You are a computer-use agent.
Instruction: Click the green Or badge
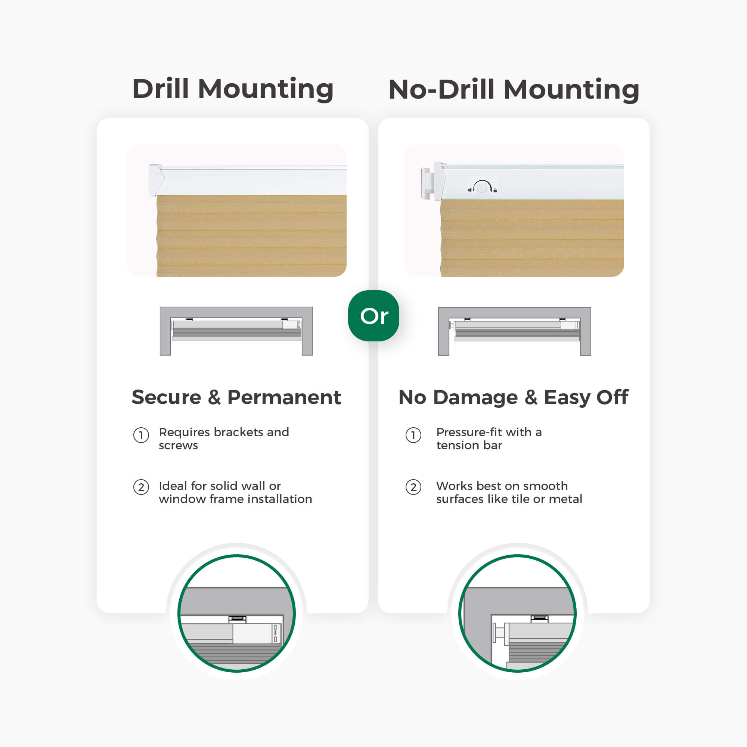[x=373, y=316]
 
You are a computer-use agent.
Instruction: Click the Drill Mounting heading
[x=233, y=89]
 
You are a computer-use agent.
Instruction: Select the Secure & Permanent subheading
[x=236, y=397]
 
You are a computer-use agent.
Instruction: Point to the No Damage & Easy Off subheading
[x=514, y=397]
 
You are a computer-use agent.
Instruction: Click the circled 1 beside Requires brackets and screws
[x=141, y=436]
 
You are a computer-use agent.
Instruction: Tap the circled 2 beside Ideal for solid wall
[x=141, y=487]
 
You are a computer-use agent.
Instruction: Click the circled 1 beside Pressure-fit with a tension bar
[x=413, y=436]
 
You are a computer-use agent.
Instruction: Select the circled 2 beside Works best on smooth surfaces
[x=413, y=487]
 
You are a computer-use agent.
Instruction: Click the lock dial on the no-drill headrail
[x=482, y=188]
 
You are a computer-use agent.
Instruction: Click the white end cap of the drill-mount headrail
[x=156, y=180]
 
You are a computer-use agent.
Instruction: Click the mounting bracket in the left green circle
[x=238, y=619]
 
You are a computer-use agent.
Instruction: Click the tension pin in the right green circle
[x=499, y=633]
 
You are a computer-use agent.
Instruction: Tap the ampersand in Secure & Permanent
[x=214, y=397]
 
